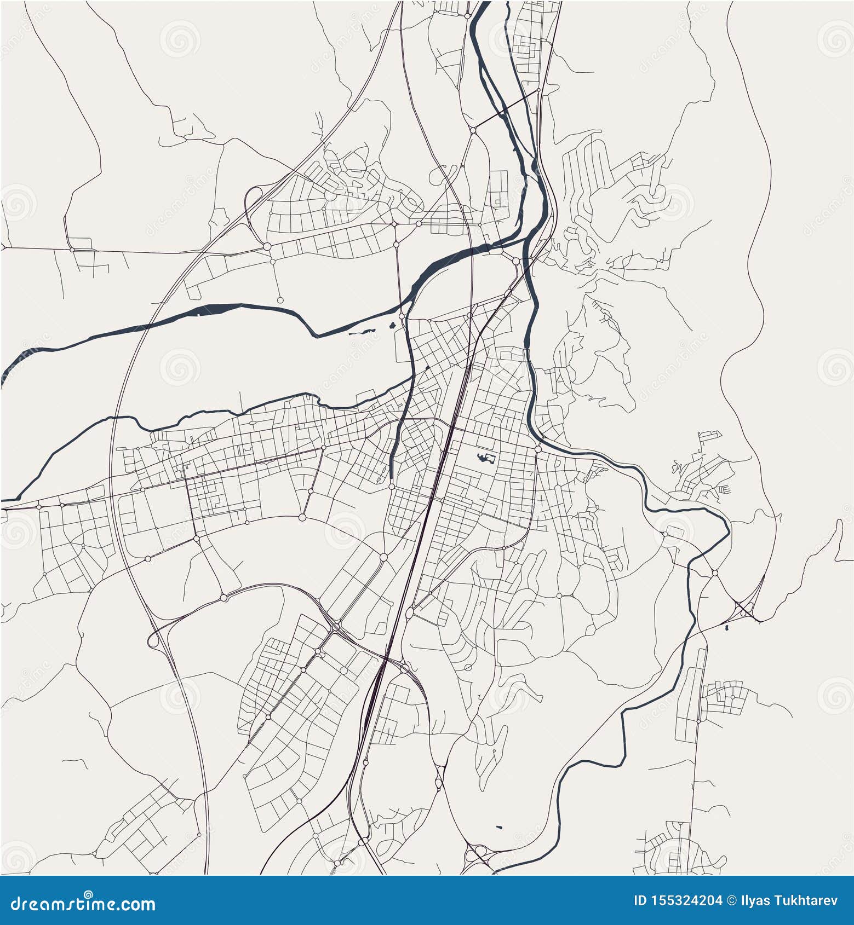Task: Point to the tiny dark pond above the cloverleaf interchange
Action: click(498, 826)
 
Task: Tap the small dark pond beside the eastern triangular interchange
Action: click(726, 628)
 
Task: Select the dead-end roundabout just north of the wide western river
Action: click(280, 299)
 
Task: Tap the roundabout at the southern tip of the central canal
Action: click(392, 486)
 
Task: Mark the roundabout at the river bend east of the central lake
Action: click(538, 449)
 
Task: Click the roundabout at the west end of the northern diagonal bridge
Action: click(472, 130)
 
